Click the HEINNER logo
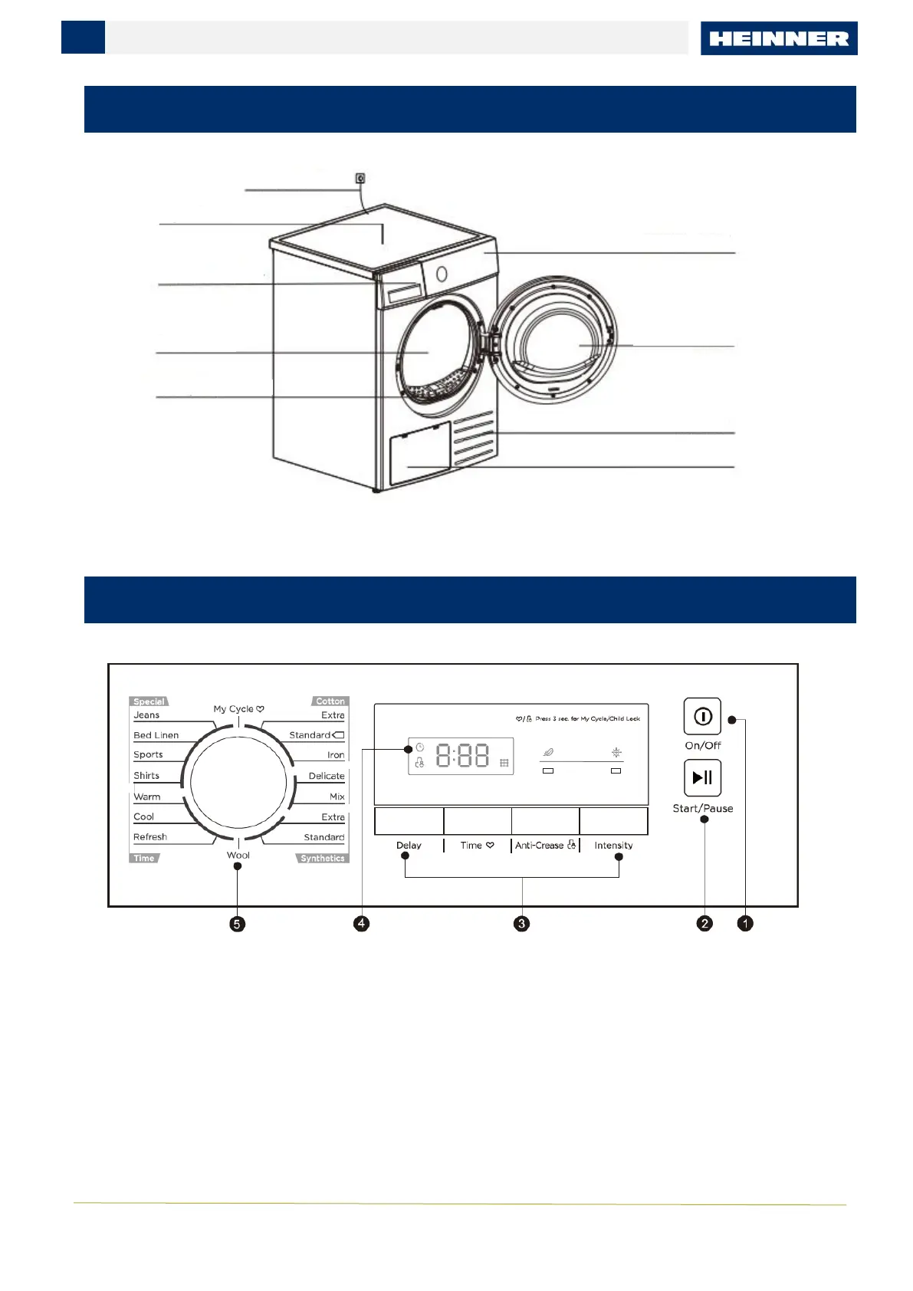click(x=779, y=38)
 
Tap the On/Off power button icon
click(x=702, y=716)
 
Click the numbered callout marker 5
click(x=238, y=924)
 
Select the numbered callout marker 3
click(x=521, y=924)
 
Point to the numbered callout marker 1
click(x=745, y=924)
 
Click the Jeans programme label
click(x=146, y=715)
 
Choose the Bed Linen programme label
click(x=156, y=735)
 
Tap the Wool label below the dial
click(x=238, y=855)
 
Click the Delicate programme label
click(x=327, y=776)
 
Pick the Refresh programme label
click(x=150, y=837)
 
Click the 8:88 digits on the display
click(x=462, y=757)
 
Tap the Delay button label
click(x=409, y=846)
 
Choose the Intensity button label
click(x=613, y=846)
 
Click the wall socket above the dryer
click(x=360, y=179)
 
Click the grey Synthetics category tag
click(x=323, y=859)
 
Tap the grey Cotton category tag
click(x=330, y=701)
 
